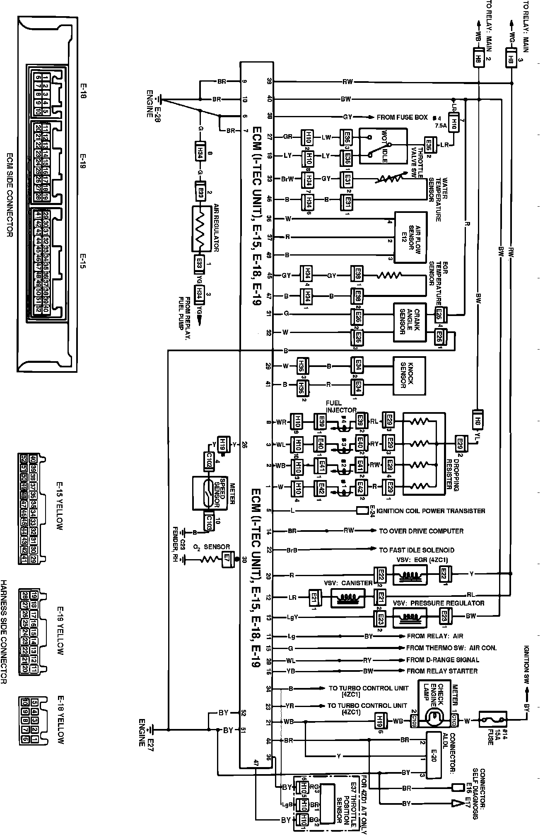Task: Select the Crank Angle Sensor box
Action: point(410,322)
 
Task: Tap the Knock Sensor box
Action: point(409,376)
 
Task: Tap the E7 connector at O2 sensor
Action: point(227,559)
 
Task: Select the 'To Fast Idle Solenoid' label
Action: point(417,550)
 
